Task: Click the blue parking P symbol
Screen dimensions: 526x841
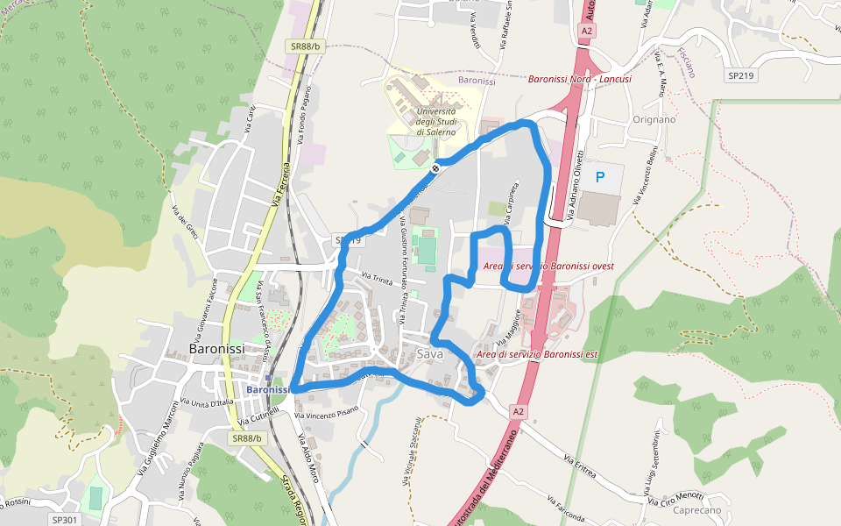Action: tap(600, 177)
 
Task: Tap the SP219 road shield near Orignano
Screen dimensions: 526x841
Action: tap(740, 75)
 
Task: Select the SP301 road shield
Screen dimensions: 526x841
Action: tap(65, 520)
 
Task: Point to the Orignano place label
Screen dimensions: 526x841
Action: tap(654, 119)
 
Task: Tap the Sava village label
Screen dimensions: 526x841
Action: tap(430, 354)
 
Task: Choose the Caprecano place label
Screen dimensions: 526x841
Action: tap(698, 510)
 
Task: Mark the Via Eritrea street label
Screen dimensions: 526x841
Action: tap(581, 466)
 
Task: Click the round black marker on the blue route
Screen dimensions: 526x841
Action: tap(435, 167)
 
